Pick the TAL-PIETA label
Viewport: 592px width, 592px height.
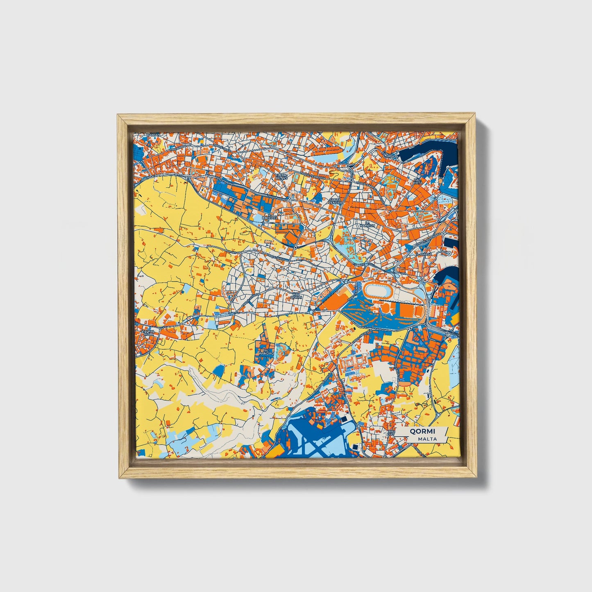tap(417, 181)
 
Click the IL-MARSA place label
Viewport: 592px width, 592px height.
tap(422, 254)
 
